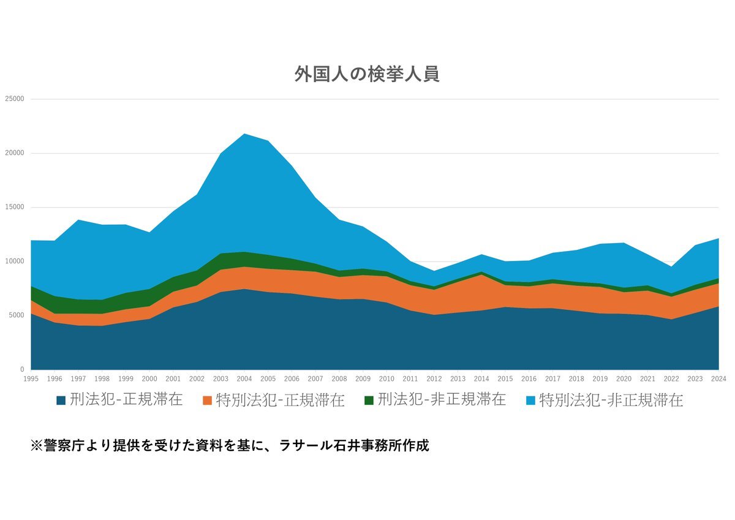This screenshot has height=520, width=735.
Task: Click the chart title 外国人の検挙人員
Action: tap(367, 74)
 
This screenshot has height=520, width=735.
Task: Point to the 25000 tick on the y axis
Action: tap(15, 99)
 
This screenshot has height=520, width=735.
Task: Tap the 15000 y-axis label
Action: tap(15, 207)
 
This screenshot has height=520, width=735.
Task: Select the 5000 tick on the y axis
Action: tap(17, 315)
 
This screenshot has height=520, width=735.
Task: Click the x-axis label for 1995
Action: tap(31, 379)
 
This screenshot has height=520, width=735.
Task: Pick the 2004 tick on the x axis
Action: tap(244, 379)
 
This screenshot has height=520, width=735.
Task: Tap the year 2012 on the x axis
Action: tap(434, 379)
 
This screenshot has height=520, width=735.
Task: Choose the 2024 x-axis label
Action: tap(718, 379)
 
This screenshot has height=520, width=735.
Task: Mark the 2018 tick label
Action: tap(576, 379)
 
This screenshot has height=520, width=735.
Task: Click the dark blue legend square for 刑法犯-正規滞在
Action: tap(61, 401)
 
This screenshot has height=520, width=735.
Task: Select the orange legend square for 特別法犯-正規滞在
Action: tap(207, 401)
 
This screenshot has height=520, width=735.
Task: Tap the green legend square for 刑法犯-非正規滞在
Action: tap(368, 401)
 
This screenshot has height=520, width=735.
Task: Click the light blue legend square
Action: tap(530, 401)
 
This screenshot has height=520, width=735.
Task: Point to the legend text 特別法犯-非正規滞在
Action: tap(611, 401)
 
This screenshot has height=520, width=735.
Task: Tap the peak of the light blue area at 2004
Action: tap(244, 134)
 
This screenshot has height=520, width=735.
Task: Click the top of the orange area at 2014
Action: tap(481, 275)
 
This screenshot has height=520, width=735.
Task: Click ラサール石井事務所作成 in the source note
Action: tap(353, 445)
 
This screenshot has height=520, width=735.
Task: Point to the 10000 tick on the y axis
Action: tap(15, 262)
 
